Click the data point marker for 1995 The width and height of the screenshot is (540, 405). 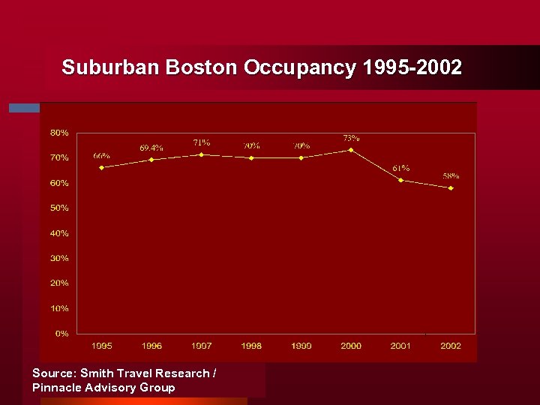click(101, 167)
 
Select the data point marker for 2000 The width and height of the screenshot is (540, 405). click(351, 150)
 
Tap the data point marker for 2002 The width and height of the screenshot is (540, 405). click(451, 187)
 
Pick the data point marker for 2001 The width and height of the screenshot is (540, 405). click(401, 180)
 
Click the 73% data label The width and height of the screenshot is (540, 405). click(351, 138)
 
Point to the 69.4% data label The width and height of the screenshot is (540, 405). click(151, 148)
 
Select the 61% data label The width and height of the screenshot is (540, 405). click(400, 168)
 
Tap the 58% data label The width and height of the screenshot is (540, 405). click(451, 176)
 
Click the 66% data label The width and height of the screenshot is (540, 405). click(101, 155)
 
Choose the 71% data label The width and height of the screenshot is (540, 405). click(201, 142)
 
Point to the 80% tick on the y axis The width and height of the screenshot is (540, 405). click(59, 133)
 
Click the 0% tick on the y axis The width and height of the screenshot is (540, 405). click(61, 333)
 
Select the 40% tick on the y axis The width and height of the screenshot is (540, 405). click(59, 233)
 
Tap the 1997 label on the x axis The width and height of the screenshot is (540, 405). click(201, 346)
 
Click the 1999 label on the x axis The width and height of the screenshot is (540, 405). click(301, 346)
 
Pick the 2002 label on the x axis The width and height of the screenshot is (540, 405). click(451, 346)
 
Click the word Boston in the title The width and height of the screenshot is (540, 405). click(201, 67)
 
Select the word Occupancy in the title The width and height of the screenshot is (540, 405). click(300, 68)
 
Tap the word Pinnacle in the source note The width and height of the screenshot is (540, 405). click(56, 388)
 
